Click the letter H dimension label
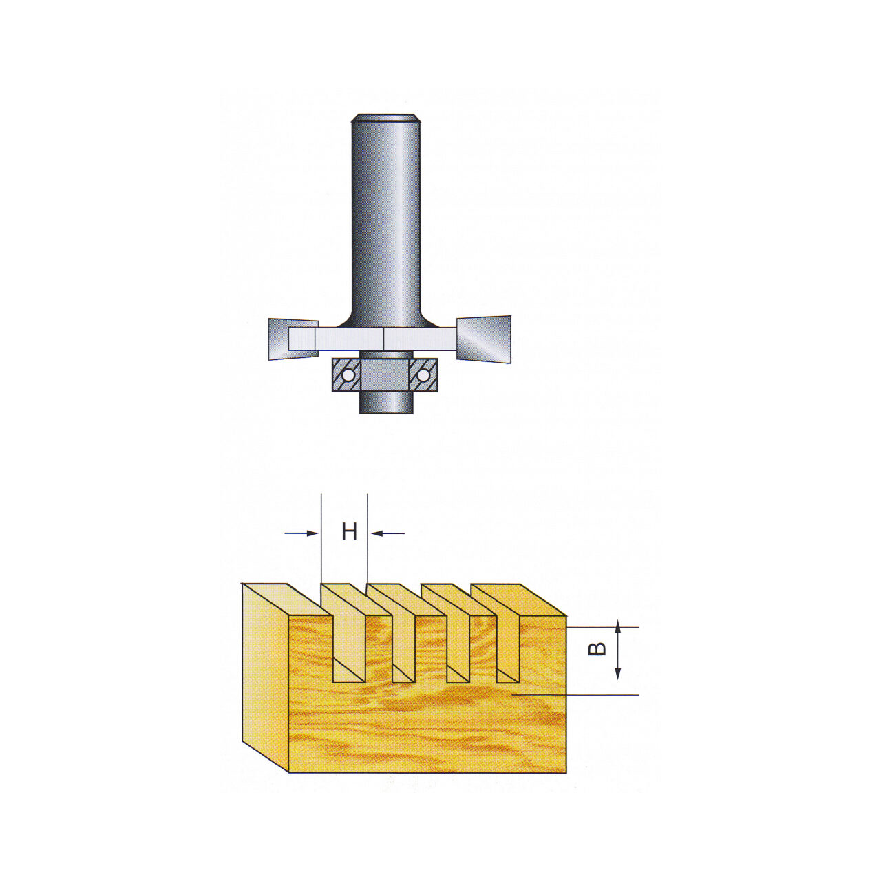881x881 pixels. [x=349, y=532]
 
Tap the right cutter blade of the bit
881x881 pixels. [x=484, y=339]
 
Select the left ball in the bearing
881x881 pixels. [x=348, y=375]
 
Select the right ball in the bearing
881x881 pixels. [x=423, y=375]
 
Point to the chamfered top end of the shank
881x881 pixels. [x=385, y=117]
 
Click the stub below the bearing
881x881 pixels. [x=387, y=403]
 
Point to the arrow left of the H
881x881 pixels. [x=301, y=533]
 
